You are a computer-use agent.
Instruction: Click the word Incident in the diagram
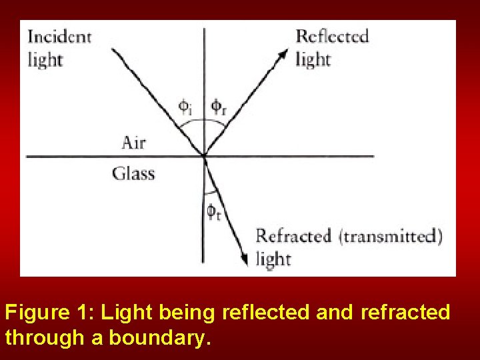[59, 37]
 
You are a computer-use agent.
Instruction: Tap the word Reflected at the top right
[331, 36]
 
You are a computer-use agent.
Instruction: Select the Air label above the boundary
[133, 142]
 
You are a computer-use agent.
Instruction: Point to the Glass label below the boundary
[133, 174]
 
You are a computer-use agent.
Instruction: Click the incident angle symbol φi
[185, 106]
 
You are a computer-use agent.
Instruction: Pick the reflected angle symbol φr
[219, 106]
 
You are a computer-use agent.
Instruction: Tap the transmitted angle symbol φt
[213, 212]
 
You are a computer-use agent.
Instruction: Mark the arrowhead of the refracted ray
[246, 261]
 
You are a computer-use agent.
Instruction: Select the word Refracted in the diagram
[293, 236]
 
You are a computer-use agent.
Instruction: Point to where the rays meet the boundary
[204, 156]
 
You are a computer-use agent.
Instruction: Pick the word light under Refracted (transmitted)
[273, 259]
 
